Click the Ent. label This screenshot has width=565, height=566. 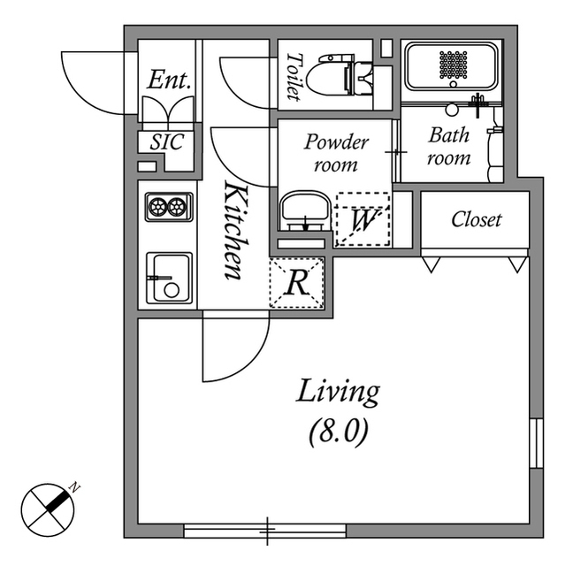(169, 80)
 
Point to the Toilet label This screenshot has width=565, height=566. (294, 76)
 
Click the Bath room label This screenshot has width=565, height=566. (449, 147)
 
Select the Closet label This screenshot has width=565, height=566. (476, 219)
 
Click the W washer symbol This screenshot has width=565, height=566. (361, 219)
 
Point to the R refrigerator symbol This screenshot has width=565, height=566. (298, 283)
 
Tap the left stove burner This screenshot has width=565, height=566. (158, 207)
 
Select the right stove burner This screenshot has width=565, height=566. (178, 207)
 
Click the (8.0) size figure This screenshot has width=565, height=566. (338, 433)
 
